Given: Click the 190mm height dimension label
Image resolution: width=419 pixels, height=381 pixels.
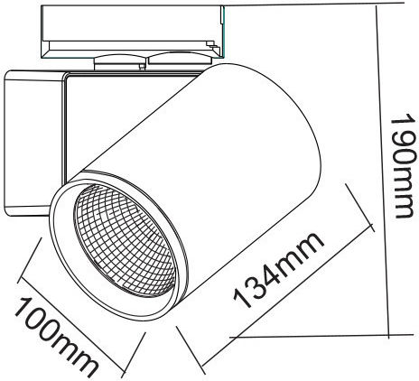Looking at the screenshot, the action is [405, 166].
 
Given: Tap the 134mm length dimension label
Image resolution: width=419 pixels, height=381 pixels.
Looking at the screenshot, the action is [278, 271].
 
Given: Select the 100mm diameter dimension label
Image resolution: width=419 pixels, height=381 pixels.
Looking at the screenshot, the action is [56, 336].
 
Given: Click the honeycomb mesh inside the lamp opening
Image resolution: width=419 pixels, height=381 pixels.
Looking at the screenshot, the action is [125, 240].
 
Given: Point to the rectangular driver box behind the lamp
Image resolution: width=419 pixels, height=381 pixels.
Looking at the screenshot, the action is [34, 143].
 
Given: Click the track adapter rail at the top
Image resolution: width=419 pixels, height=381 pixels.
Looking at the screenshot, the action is [133, 32].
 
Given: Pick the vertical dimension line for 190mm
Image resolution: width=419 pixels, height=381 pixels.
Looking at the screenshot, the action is [383, 172].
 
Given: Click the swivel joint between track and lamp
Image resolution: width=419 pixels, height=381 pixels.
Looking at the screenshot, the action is [120, 64].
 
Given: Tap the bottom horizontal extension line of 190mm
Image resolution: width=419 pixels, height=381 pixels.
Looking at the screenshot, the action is [321, 336].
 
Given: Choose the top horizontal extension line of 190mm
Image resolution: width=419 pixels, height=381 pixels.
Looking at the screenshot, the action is [322, 5].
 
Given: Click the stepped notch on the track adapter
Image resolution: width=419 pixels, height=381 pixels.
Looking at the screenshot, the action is [215, 45].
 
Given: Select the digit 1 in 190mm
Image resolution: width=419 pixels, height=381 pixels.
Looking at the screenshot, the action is [405, 121].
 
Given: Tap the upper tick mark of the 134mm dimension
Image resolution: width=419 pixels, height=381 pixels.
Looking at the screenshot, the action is [360, 208].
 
